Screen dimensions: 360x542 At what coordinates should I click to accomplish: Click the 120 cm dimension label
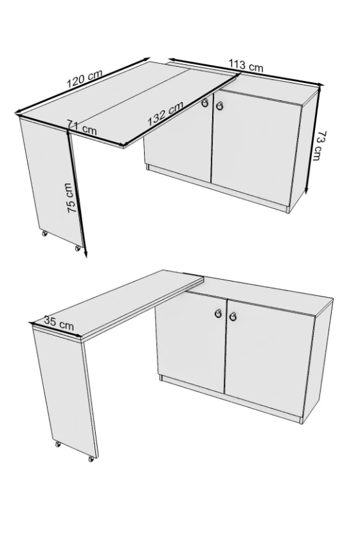point(85,79)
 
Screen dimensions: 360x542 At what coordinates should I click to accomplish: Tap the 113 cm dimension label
point(246,66)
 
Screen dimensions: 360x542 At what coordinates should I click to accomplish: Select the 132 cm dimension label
point(165,114)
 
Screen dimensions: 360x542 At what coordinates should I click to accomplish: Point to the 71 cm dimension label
point(82,127)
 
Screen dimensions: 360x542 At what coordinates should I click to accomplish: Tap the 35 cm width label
point(59,323)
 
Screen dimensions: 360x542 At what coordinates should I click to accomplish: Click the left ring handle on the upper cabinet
point(205,103)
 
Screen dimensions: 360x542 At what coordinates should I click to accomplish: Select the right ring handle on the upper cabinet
point(219,106)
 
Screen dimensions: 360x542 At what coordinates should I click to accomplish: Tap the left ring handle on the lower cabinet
point(219,313)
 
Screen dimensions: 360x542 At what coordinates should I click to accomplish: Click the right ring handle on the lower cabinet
point(233,316)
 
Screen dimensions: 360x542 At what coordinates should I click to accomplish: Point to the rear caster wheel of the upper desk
point(44,233)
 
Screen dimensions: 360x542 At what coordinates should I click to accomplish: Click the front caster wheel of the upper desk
point(78,248)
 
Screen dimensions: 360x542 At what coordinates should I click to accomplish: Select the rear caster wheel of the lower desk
point(58,444)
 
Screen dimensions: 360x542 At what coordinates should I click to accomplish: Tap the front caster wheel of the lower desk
point(91,459)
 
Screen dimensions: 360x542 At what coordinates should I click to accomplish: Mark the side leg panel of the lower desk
point(64,392)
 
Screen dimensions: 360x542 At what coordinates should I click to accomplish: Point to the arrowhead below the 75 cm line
point(85,254)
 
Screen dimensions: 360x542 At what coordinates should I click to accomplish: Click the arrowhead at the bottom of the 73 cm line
point(306,190)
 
